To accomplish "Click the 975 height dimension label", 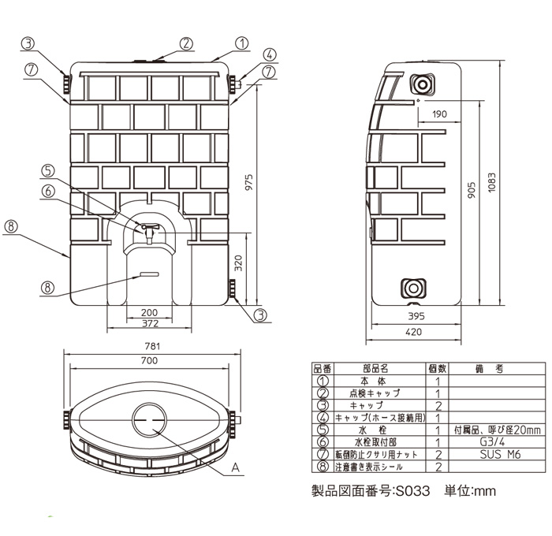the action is point(249,182).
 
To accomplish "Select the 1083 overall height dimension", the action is point(492,182).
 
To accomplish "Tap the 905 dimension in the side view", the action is point(472,190).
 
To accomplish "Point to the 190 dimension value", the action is point(439,114).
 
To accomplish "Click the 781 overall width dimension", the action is point(152,346).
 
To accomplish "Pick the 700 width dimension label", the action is point(149,361).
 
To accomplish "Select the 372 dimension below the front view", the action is point(150,323).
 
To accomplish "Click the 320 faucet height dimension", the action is point(238,263).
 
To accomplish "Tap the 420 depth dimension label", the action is point(413,332).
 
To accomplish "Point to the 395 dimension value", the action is point(416,316).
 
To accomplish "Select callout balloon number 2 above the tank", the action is point(186,44).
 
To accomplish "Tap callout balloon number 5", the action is point(48,171).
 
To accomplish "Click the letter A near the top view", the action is point(235,467).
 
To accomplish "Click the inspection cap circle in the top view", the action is point(149,420).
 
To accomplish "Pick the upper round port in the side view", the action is point(422,84).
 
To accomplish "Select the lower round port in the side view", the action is point(414,288).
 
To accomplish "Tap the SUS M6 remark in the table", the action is point(500,454).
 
